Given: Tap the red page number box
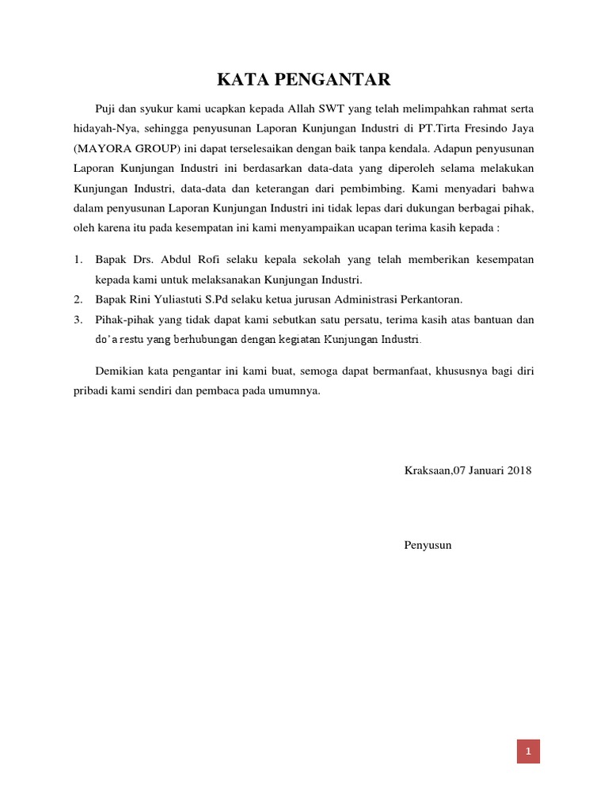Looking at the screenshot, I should click(x=528, y=751).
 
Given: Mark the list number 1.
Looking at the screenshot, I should click(x=78, y=260).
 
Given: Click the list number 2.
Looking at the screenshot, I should click(x=78, y=299).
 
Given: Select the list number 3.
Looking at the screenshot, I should click(x=78, y=319).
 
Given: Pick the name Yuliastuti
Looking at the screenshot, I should click(x=184, y=299).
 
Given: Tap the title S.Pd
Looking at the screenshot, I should click(x=231, y=299).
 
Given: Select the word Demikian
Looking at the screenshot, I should click(x=120, y=371).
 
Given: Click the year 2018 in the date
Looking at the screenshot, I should click(x=519, y=470).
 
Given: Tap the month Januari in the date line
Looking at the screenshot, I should click(x=483, y=470).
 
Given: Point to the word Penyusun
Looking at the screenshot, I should click(x=427, y=545).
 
